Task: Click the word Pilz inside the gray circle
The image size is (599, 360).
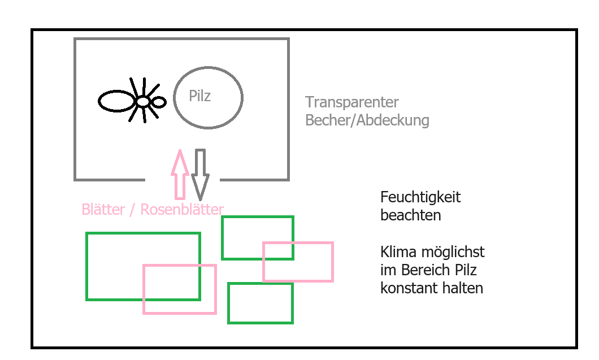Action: point(200,96)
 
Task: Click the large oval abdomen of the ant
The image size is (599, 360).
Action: point(116,101)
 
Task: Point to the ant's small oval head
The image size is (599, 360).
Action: point(159,102)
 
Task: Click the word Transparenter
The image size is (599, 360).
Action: point(352,102)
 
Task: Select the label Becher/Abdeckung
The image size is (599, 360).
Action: point(367,120)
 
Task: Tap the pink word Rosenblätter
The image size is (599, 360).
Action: point(182,210)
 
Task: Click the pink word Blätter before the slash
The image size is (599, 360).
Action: point(103,210)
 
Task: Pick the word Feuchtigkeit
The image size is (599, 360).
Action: point(420,197)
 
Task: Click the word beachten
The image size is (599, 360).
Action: point(411,215)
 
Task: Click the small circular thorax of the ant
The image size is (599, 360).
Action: point(144,102)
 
